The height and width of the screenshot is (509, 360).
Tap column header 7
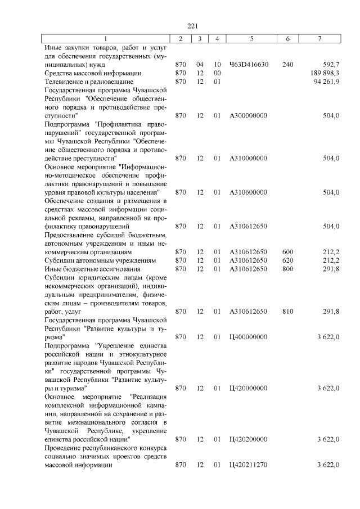tap(319, 39)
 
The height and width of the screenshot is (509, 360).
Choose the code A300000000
tap(249, 115)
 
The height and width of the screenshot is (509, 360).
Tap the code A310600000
tap(249, 192)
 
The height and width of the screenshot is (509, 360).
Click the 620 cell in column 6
tap(287, 260)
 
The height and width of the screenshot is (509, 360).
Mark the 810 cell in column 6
tap(287, 311)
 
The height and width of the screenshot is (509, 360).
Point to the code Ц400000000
tap(249, 337)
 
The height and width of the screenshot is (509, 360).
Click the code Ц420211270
tap(249, 465)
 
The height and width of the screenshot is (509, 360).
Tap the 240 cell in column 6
tap(287, 65)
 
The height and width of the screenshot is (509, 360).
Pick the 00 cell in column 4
tap(217, 73)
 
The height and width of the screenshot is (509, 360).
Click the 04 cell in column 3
tap(200, 65)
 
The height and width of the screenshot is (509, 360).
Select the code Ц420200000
tap(249, 439)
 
